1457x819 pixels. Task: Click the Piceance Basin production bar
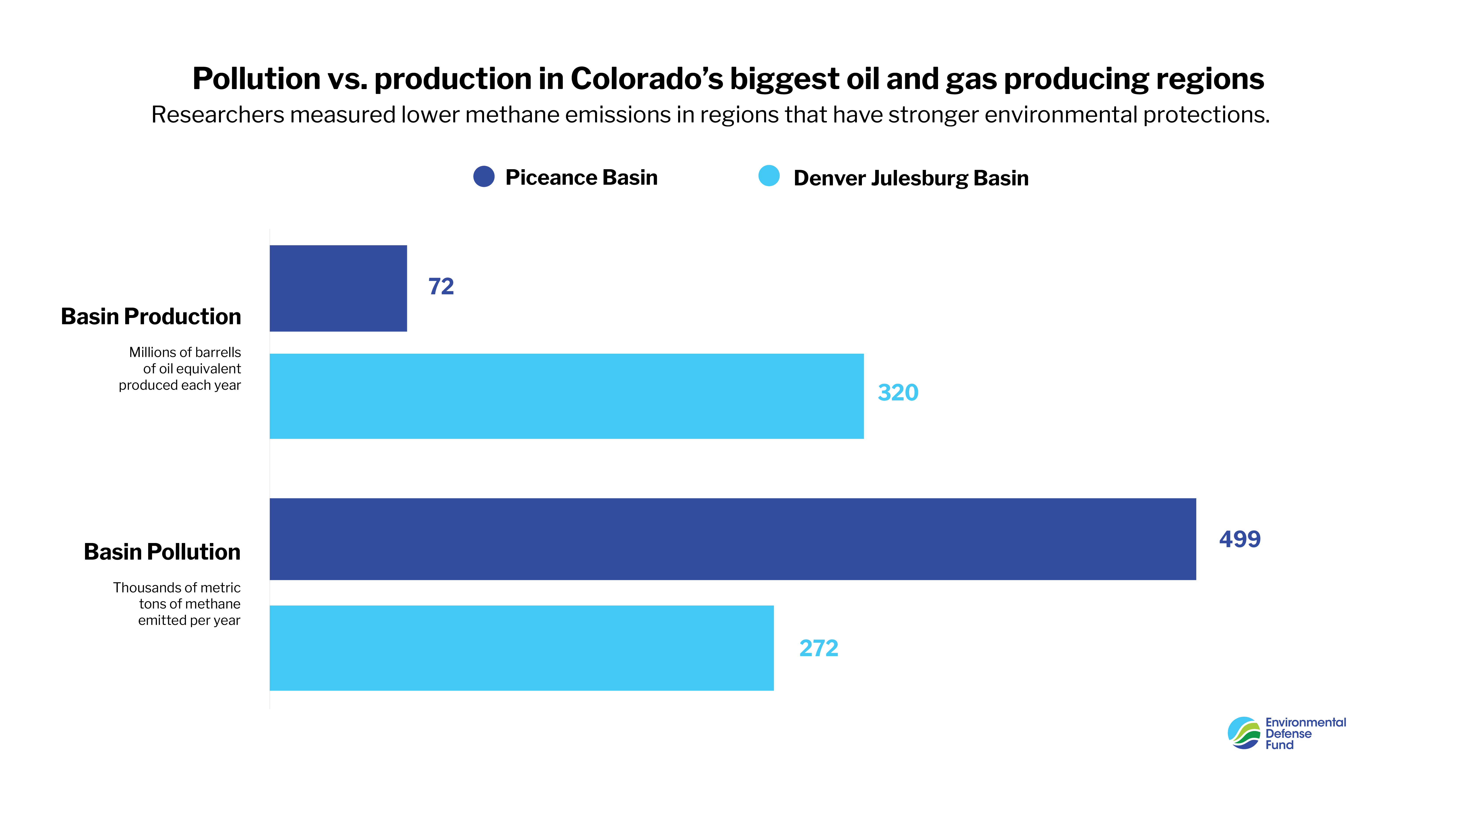pos(338,288)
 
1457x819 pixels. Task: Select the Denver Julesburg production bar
pos(566,396)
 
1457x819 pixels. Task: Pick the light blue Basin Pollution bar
pos(521,648)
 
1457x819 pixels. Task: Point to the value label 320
pos(898,392)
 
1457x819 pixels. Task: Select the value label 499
pos(1239,539)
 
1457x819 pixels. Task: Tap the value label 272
pos(818,648)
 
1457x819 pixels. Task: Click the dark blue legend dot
pos(484,176)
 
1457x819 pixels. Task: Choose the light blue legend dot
pos(769,176)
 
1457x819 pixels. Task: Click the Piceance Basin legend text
pos(582,178)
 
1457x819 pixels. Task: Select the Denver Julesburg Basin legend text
pos(911,178)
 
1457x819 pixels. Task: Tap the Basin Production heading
pos(151,317)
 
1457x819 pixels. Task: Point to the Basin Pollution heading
pos(162,552)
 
